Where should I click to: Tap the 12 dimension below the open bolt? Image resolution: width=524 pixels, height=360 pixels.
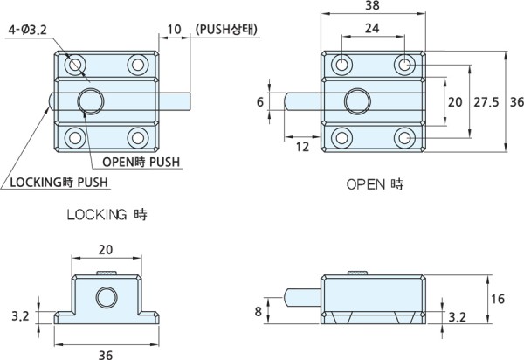pyautogui.click(x=302, y=148)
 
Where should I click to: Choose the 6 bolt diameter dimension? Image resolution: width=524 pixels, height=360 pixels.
pyautogui.click(x=260, y=101)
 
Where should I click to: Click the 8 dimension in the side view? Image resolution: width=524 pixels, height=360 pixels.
pyautogui.click(x=259, y=311)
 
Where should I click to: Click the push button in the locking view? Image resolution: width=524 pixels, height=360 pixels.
pyautogui.click(x=89, y=101)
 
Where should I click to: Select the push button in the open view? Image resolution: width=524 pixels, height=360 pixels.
pyautogui.click(x=357, y=100)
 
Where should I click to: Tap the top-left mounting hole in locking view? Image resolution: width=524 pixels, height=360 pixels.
pyautogui.click(x=74, y=65)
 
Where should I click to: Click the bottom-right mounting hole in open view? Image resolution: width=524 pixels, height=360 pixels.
pyautogui.click(x=404, y=137)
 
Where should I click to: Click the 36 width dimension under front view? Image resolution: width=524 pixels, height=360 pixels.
pyautogui.click(x=107, y=353)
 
